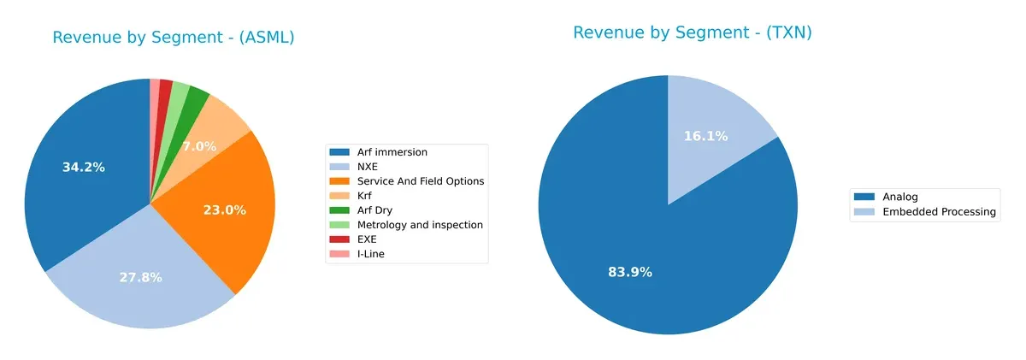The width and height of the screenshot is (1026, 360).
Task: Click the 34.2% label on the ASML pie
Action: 84,168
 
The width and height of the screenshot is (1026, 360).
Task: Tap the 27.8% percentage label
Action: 140,277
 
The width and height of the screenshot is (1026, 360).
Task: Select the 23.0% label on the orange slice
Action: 224,210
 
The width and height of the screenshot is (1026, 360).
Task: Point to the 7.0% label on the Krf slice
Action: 199,146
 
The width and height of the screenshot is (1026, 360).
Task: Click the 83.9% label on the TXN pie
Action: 630,272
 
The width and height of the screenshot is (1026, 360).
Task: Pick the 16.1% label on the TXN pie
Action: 705,136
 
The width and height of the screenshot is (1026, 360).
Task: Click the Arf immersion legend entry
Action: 392,152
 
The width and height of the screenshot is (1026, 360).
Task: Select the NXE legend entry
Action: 369,167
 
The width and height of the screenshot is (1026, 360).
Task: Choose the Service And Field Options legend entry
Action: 420,181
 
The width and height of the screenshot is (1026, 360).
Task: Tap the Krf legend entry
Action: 366,196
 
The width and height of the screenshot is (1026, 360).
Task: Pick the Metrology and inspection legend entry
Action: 420,225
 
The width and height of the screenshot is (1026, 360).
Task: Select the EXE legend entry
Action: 368,239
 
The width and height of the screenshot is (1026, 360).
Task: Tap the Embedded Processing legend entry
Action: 939,212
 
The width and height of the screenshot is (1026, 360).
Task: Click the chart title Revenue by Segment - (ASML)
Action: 174,38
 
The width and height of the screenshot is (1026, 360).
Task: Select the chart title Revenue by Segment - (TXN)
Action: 692,32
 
